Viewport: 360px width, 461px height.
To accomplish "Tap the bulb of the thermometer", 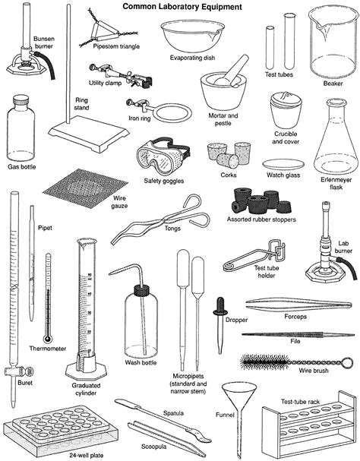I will (x=47, y=337).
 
